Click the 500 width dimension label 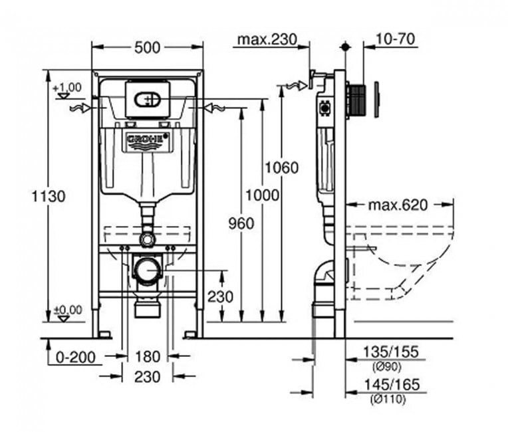(147, 47)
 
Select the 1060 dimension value (281, 167)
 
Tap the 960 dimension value (241, 223)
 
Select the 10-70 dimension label (396, 39)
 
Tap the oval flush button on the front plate (146, 100)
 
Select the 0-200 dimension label (75, 358)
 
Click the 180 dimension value (147, 358)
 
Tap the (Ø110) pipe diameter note (388, 399)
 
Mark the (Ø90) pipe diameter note (388, 366)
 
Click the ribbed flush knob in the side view (358, 100)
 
